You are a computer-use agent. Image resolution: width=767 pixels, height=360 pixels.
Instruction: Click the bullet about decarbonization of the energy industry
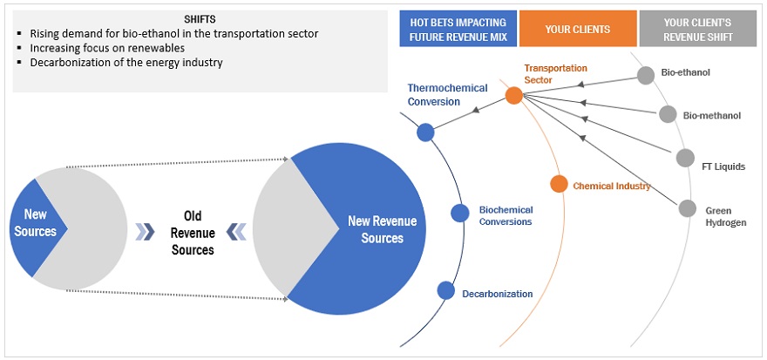click(126, 62)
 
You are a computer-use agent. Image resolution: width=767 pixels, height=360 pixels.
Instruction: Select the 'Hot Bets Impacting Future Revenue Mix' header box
click(458, 29)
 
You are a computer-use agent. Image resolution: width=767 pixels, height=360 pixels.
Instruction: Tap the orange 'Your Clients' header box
click(578, 29)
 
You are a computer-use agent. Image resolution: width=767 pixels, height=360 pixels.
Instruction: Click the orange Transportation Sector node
click(513, 96)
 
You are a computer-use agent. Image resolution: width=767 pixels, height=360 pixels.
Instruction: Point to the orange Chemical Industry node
click(559, 184)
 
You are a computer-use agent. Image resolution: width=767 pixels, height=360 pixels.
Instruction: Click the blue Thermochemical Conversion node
click(425, 132)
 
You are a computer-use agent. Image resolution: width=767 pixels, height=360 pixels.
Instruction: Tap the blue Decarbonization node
click(445, 291)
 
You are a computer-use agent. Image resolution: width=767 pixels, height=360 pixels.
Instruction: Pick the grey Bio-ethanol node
click(645, 75)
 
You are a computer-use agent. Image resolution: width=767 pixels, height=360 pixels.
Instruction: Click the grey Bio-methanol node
click(668, 114)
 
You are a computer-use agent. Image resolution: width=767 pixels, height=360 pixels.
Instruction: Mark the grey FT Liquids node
click(685, 157)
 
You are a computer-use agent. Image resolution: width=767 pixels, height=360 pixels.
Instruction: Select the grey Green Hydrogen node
click(688, 208)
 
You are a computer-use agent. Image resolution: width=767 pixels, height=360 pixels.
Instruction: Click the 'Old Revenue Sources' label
click(193, 232)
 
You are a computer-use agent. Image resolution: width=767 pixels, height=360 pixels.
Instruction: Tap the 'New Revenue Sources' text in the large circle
click(382, 229)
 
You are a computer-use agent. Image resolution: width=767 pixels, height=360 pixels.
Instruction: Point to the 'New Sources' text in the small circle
click(36, 223)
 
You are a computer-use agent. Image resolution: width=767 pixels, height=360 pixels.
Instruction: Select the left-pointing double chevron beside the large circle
click(234, 231)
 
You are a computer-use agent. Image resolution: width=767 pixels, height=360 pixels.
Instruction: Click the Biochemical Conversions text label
click(506, 215)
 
